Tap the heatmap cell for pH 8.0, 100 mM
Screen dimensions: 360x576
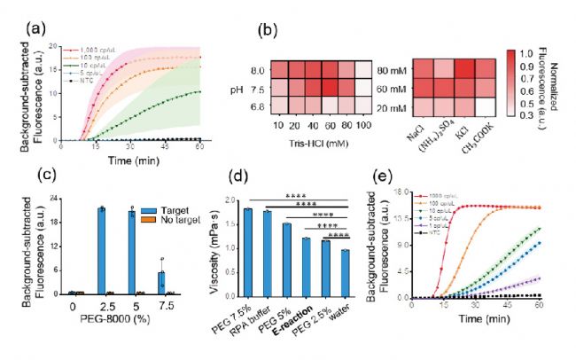pyautogui.click(x=362, y=68)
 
